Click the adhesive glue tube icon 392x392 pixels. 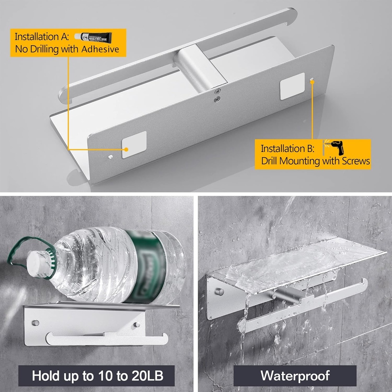(93, 37)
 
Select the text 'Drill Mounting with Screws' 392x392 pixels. (315, 161)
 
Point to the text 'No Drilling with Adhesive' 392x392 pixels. (67, 49)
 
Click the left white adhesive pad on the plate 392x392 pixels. (134, 144)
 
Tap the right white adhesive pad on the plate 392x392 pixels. (292, 86)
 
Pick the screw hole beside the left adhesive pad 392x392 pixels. (110, 157)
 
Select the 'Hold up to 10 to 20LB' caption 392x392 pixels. (98, 376)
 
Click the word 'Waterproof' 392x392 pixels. (295, 376)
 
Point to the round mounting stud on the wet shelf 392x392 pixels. (219, 292)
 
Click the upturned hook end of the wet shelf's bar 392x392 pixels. (364, 284)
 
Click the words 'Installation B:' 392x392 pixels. (288, 149)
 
